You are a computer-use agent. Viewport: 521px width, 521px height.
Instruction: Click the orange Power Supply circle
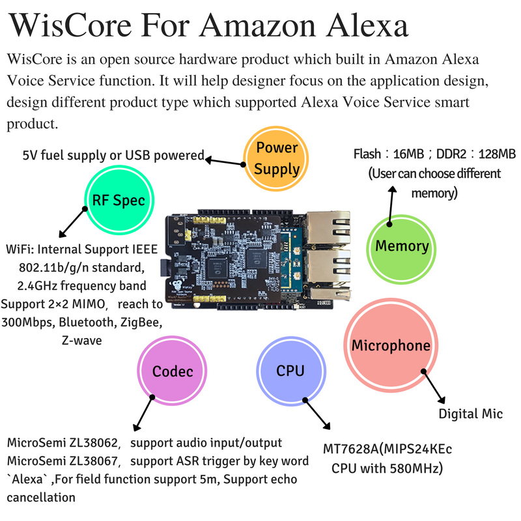(277, 158)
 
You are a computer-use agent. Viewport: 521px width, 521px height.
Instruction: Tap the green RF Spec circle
(115, 200)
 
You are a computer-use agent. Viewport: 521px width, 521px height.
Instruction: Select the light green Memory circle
(401, 246)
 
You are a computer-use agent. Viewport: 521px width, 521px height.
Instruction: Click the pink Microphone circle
(391, 346)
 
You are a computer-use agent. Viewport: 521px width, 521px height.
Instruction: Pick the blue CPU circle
(290, 371)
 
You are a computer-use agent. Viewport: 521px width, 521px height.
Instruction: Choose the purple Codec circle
(173, 371)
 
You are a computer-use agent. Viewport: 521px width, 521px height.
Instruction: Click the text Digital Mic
(470, 414)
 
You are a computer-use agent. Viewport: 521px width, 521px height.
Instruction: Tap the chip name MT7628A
(352, 450)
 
